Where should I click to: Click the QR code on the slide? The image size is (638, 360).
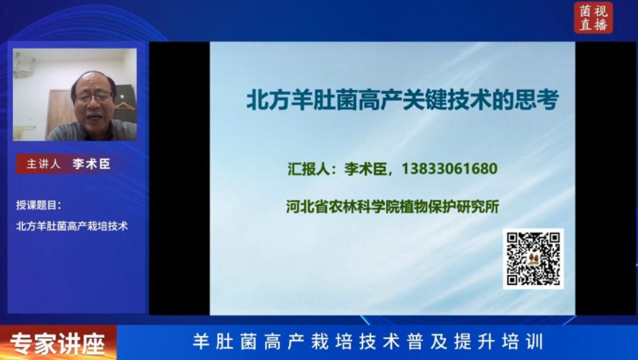[x=533, y=259]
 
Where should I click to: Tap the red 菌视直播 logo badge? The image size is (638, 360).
[x=593, y=17]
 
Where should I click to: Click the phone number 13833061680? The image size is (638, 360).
[x=449, y=168]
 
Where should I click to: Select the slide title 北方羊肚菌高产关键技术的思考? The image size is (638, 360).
[x=403, y=100]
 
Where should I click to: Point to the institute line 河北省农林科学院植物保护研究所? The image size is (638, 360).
[x=392, y=206]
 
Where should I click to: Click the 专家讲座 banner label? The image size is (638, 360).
[x=57, y=344]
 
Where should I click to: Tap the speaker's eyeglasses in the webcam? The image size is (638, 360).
[x=93, y=97]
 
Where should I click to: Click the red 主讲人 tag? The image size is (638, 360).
[x=43, y=164]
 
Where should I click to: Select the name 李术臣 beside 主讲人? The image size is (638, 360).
[x=91, y=164]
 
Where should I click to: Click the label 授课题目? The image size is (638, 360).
[x=39, y=205]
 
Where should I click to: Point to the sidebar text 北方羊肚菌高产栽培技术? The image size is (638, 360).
[x=72, y=225]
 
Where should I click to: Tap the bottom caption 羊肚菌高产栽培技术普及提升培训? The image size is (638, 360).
[x=368, y=342]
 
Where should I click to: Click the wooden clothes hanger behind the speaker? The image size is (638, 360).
[x=123, y=107]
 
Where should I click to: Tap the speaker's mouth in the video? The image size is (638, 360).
[x=95, y=117]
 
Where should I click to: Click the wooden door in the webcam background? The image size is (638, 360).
[x=60, y=112]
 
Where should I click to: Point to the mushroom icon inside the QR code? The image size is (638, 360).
[x=533, y=259]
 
